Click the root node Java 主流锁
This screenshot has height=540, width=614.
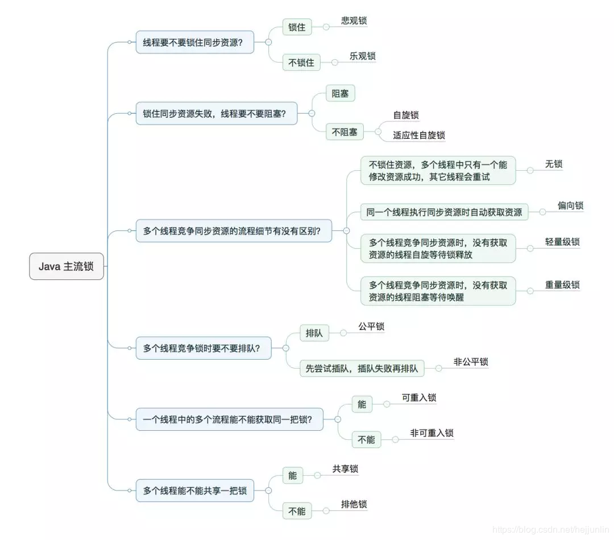67,266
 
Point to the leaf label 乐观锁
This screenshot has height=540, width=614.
362,56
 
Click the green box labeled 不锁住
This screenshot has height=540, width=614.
301,62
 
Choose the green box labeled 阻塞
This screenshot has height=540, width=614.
340,93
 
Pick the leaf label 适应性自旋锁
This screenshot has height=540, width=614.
418,135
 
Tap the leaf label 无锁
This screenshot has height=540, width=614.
554,164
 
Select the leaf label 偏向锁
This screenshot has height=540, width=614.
570,205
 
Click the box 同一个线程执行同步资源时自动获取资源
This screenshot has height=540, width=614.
445,212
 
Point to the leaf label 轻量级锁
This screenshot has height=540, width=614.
562,241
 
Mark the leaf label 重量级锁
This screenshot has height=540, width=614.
562,285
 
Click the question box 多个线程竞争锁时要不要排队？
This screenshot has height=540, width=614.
203,348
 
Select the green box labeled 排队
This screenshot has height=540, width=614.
314,333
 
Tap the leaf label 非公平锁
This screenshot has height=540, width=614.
471,361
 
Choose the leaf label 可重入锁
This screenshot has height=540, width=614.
419,397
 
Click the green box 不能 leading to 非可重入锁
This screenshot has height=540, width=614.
366,439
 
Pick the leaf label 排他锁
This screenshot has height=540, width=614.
354,504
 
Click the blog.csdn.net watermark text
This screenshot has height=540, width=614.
550,530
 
